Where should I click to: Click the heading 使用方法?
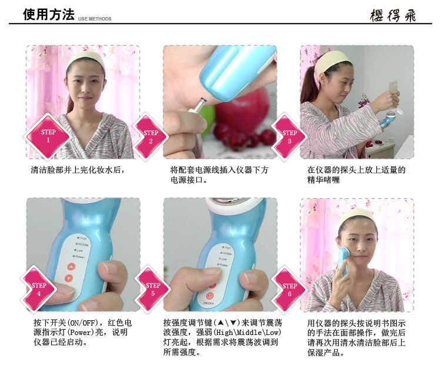(x=49, y=14)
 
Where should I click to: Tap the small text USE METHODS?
(x=95, y=19)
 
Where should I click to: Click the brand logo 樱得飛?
(x=393, y=15)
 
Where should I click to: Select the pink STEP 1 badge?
(x=47, y=136)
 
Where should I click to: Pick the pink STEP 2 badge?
(x=150, y=137)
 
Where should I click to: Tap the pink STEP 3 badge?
(x=289, y=137)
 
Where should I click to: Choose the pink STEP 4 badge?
(x=39, y=289)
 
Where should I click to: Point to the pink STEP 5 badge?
(x=152, y=289)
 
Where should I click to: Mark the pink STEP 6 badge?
(x=289, y=289)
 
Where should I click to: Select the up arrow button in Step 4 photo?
(x=71, y=267)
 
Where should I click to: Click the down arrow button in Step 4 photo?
(x=69, y=279)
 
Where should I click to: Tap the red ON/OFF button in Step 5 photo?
(x=209, y=296)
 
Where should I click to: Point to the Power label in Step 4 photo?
(x=80, y=257)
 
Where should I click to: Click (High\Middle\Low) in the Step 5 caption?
(x=247, y=333)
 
